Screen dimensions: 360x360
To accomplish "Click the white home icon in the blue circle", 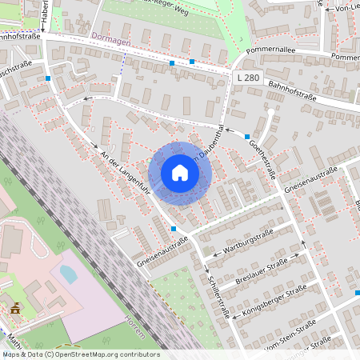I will (x=180, y=173).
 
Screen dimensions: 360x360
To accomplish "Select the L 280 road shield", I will (x=249, y=77).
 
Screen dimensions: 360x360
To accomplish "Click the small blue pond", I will (x=69, y=274).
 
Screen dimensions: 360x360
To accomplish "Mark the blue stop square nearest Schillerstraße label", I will (x=174, y=229).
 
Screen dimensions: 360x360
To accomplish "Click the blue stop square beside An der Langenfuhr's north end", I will (x=49, y=78).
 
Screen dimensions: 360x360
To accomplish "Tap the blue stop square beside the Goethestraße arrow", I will (x=247, y=137).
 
